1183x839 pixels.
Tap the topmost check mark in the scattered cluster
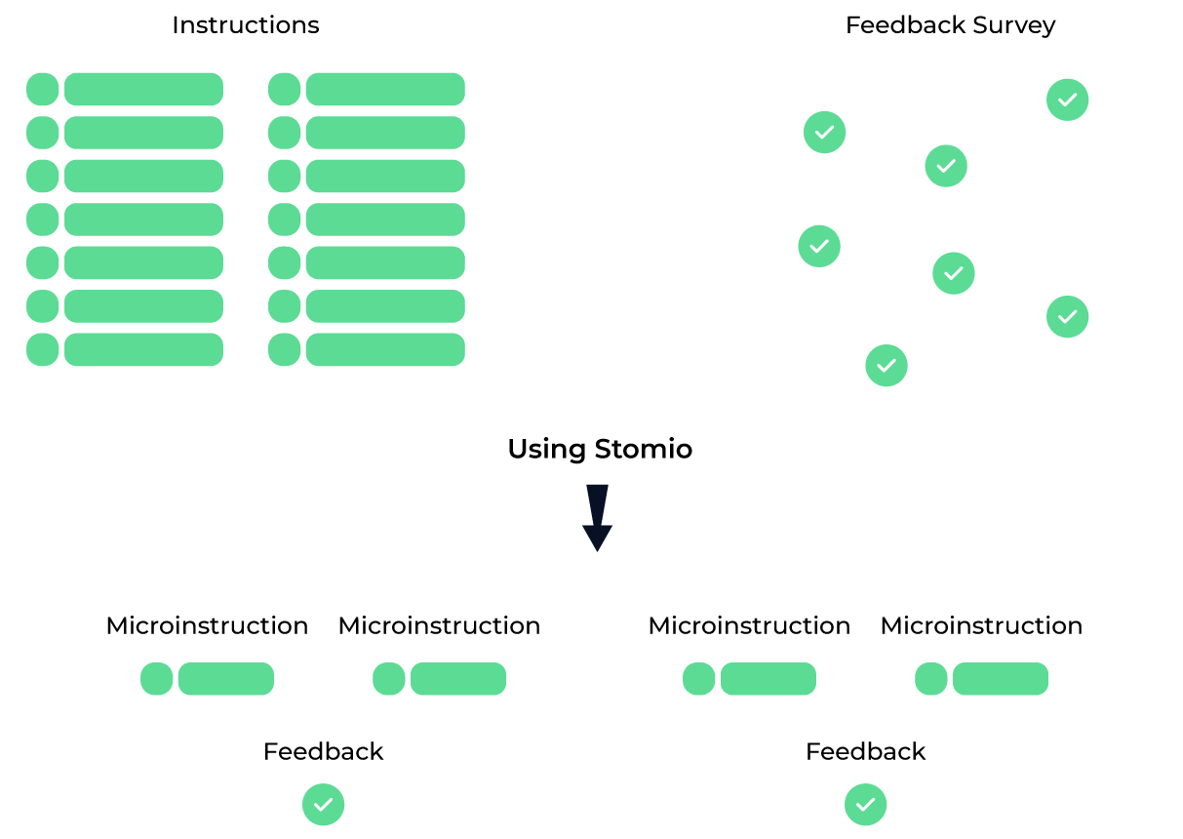pos(1067,100)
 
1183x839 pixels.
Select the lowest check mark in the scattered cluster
pos(886,366)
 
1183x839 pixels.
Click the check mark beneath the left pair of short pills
pos(323,805)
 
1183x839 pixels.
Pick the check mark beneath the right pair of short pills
pos(865,805)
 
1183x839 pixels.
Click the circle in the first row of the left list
pos(43,90)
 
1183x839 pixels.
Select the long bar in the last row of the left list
pos(143,349)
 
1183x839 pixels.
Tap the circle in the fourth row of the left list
pos(43,220)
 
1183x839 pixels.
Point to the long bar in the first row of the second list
pos(385,90)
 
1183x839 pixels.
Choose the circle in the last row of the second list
pos(285,349)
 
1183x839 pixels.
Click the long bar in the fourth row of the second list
pos(385,220)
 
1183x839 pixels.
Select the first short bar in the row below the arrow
pos(225,679)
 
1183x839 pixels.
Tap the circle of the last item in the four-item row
pos(931,679)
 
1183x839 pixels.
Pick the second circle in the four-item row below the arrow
pos(389,679)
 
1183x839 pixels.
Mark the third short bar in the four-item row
pos(769,679)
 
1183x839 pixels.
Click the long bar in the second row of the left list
pos(143,133)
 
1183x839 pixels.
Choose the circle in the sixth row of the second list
pos(285,306)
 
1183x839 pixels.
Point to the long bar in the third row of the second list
pos(385,176)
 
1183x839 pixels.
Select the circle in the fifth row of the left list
pos(43,262)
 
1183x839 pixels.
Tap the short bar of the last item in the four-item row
pos(1001,679)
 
